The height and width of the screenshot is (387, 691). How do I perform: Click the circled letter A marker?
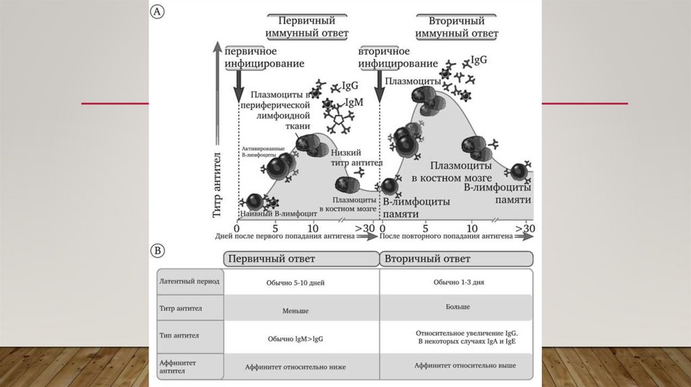tap(157, 12)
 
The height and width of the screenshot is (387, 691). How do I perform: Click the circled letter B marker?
tap(157, 251)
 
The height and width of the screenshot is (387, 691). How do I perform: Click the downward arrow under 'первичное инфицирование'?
tap(238, 86)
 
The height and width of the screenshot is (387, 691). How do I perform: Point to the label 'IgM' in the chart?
tap(354, 102)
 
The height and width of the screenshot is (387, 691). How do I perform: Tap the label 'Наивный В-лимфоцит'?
tap(274, 213)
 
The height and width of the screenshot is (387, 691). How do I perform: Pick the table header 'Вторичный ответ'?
tap(426, 259)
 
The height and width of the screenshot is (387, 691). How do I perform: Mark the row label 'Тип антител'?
tap(179, 334)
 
